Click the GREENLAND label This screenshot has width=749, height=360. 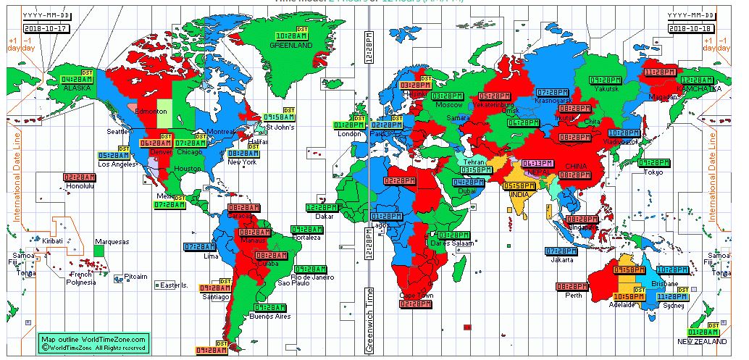click(x=290, y=45)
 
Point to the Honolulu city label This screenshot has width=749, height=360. click(x=80, y=185)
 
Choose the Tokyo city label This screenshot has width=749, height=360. click(x=653, y=172)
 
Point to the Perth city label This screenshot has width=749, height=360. click(x=574, y=295)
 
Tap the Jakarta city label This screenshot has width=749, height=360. click(x=561, y=259)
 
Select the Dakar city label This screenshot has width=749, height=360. click(x=325, y=216)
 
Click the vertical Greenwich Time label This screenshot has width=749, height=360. click(x=369, y=319)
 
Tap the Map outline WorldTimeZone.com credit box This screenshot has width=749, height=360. click(x=94, y=343)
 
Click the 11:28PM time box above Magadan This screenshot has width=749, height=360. click(x=660, y=72)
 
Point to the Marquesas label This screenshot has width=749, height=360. click(x=112, y=241)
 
